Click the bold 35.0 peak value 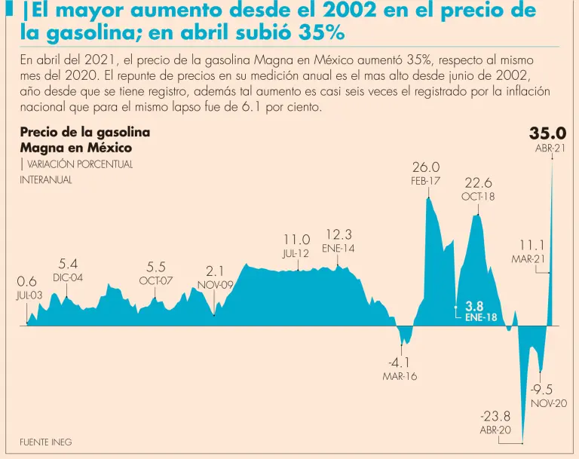point(547,133)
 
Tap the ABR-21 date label point(550,148)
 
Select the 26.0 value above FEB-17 point(426,167)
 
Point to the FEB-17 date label point(426,181)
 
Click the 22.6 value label point(478,182)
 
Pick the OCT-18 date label point(478,197)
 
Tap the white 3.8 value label point(474,306)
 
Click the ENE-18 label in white point(481,318)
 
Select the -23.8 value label point(495,416)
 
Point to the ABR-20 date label point(495,430)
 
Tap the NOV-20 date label point(549,404)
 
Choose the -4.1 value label point(400,363)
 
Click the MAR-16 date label point(400,376)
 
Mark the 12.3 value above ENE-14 point(339,234)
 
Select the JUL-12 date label point(296,254)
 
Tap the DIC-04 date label point(67,277)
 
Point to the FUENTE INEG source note point(45,442)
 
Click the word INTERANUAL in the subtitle point(46,179)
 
